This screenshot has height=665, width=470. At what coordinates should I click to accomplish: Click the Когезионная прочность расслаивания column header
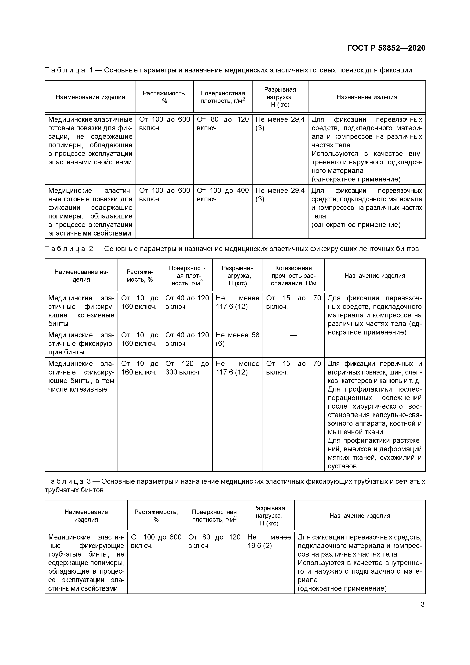coord(293,276)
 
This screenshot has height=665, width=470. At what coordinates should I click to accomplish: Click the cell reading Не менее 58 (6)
coord(237,339)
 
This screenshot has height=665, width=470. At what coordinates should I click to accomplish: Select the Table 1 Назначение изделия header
coord(367,97)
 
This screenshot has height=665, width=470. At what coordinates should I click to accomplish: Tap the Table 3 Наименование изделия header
coord(86,516)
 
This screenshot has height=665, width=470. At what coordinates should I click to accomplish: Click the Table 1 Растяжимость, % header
coord(165,97)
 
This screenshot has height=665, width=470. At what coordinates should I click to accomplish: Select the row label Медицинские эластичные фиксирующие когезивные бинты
coord(81,311)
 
